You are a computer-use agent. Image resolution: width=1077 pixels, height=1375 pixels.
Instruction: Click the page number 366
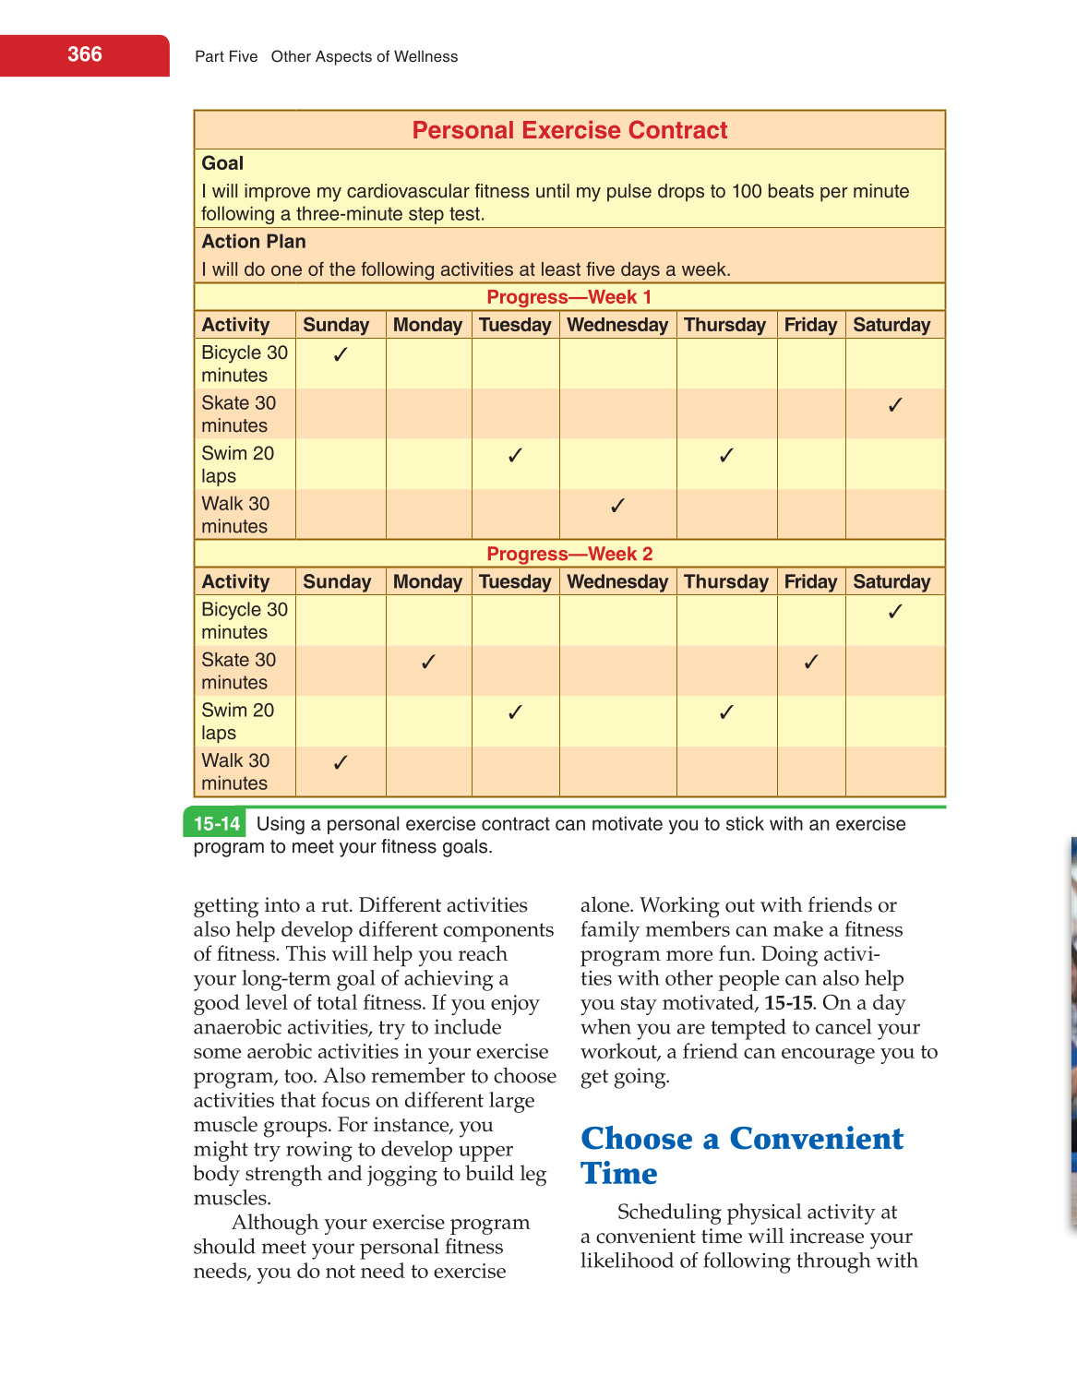coord(84,54)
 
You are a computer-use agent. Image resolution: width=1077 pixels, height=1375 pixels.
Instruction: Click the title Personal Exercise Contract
coord(569,130)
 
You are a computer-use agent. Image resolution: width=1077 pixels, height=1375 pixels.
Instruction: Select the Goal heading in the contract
coord(222,163)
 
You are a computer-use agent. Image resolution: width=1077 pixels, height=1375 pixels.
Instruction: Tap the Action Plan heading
coord(254,242)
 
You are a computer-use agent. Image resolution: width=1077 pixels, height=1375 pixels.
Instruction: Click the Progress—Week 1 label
coord(569,297)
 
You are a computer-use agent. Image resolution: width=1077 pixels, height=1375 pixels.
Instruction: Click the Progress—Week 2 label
coord(569,554)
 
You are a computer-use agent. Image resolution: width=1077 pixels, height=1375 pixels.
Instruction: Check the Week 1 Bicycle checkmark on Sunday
coord(341,354)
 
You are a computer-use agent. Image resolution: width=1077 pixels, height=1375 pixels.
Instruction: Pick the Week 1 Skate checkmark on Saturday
coord(894,404)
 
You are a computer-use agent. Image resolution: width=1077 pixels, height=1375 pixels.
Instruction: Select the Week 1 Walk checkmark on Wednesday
coord(617,505)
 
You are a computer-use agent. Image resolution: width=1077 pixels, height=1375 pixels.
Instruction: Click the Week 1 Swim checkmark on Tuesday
coord(515,455)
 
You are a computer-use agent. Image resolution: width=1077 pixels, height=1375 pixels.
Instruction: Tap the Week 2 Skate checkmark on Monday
coord(428,662)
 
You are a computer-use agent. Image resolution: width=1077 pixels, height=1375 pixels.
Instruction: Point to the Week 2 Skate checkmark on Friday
coord(811,662)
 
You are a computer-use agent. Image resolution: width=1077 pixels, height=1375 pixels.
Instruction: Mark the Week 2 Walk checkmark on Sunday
coord(341,762)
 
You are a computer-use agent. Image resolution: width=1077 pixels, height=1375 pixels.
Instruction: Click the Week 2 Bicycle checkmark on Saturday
coord(894,611)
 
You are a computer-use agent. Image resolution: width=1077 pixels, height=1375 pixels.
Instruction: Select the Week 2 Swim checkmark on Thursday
coord(726,711)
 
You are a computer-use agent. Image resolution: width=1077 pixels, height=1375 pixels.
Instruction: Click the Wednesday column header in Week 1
coord(617,325)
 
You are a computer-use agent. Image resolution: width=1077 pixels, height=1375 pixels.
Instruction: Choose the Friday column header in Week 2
coord(810,581)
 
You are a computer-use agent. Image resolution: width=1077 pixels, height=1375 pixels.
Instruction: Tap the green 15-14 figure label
coord(217,824)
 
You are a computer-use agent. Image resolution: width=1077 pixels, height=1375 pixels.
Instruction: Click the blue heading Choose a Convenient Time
coord(741,1155)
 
